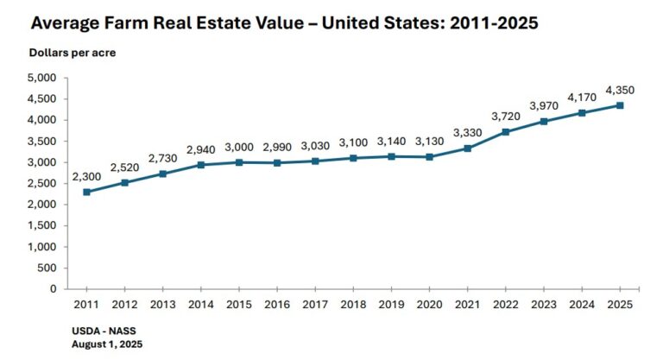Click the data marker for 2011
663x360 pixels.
point(86,192)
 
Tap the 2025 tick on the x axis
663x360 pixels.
point(619,305)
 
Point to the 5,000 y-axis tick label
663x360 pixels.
point(41,78)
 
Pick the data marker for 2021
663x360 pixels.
point(467,148)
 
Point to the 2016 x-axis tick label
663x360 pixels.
point(276,305)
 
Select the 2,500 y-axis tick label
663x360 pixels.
point(41,183)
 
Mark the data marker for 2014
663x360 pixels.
point(200,164)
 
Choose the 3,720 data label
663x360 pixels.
point(506,116)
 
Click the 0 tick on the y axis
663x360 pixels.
point(52,289)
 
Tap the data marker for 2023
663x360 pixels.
point(543,121)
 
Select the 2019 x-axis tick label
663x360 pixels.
point(391,305)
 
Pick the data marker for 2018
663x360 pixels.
point(353,158)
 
